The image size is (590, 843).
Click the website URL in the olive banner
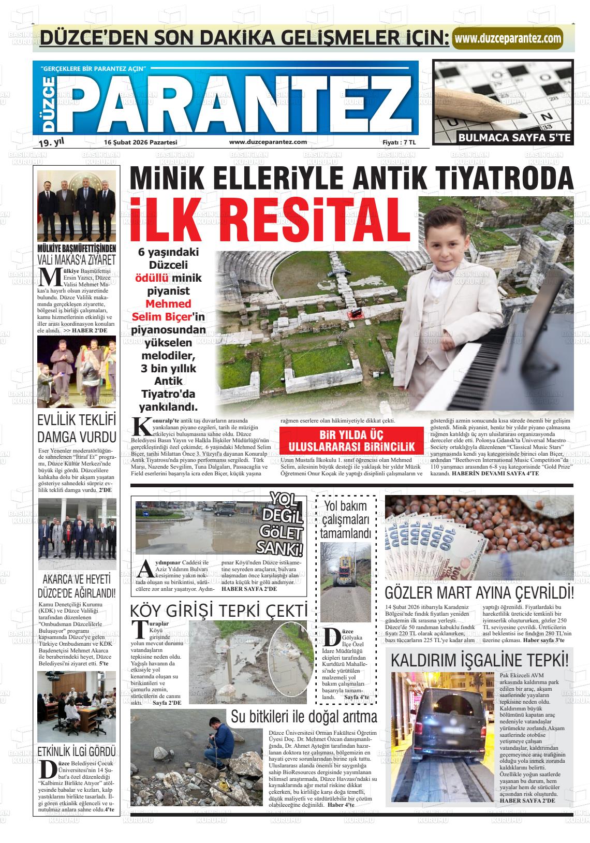(x=507, y=38)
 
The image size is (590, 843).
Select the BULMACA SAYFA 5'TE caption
(x=514, y=138)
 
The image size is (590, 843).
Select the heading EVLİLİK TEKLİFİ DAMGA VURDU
(x=77, y=427)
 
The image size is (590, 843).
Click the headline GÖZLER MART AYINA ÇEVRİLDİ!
(x=479, y=592)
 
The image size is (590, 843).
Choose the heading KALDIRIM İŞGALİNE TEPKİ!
(x=479, y=660)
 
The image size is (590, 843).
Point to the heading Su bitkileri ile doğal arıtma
(x=304, y=717)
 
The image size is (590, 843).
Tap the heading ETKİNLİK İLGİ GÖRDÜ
(x=77, y=751)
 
